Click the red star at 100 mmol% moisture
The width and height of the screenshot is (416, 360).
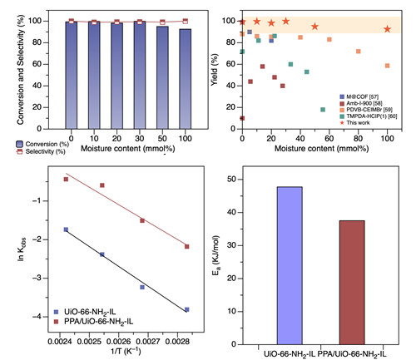(x=388, y=29)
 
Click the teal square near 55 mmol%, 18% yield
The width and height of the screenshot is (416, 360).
(x=323, y=109)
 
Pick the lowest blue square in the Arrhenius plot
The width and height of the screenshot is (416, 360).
(x=186, y=309)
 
